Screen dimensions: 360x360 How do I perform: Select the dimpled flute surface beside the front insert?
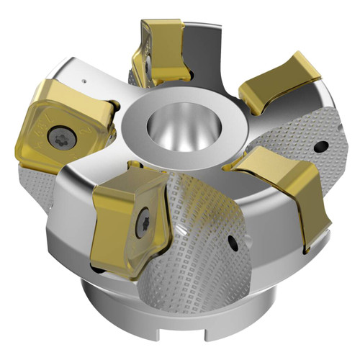pos(194,230)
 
